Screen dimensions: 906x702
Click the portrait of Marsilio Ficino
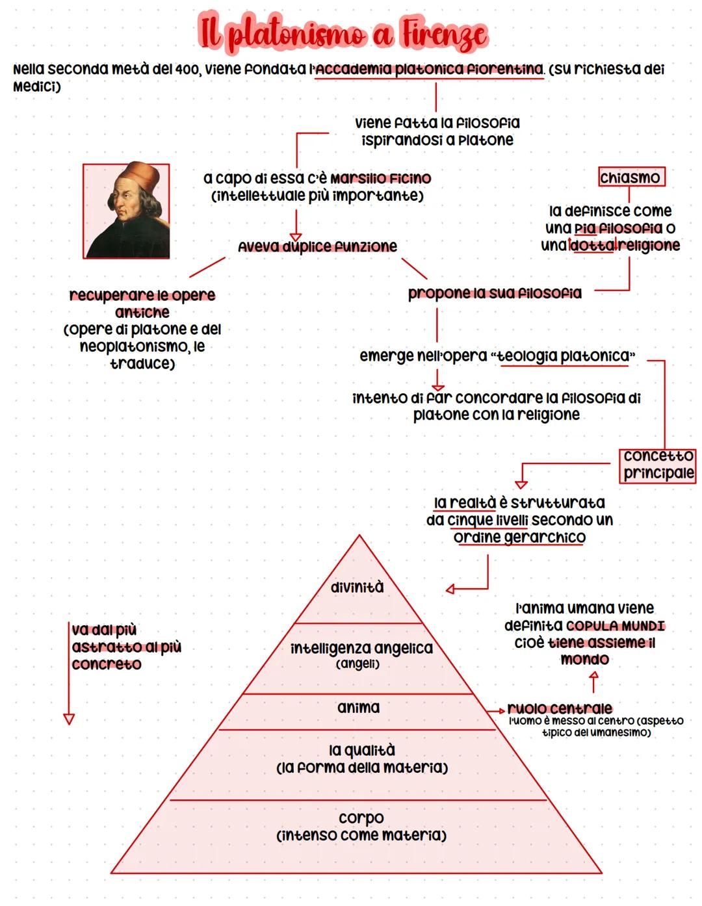(x=126, y=211)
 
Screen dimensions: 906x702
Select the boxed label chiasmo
(x=630, y=177)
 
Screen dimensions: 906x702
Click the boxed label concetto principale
(x=658, y=465)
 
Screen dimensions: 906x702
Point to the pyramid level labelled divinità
(x=357, y=588)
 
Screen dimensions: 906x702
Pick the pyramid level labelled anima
(x=358, y=708)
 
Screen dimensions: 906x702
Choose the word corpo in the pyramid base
(x=361, y=818)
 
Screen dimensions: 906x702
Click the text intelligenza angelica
(x=361, y=648)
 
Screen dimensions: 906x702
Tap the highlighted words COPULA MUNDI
(x=615, y=626)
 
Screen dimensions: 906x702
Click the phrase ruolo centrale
(x=559, y=708)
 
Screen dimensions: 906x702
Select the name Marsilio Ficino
(x=380, y=178)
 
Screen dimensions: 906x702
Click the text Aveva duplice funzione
(x=317, y=246)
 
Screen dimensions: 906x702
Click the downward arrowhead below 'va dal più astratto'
(x=69, y=719)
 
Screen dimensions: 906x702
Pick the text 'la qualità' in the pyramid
(x=361, y=751)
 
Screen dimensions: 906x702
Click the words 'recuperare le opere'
(x=142, y=295)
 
